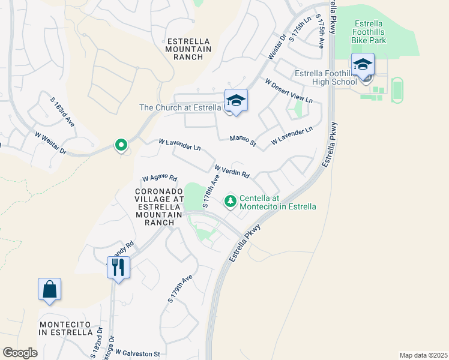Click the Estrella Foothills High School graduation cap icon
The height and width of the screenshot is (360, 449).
(363, 65)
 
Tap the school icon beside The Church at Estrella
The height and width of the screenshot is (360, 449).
(236, 101)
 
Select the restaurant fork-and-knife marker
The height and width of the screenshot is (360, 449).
(118, 266)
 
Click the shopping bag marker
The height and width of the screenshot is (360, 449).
(49, 289)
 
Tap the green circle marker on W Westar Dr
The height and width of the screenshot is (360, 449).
(121, 145)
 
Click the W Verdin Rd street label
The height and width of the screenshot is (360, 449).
(232, 172)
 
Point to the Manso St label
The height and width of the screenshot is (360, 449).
(243, 142)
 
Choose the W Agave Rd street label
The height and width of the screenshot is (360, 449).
(160, 178)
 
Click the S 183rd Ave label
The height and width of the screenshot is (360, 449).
(64, 112)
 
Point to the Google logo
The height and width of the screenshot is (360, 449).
(20, 353)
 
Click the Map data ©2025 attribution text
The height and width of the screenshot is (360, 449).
(423, 355)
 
